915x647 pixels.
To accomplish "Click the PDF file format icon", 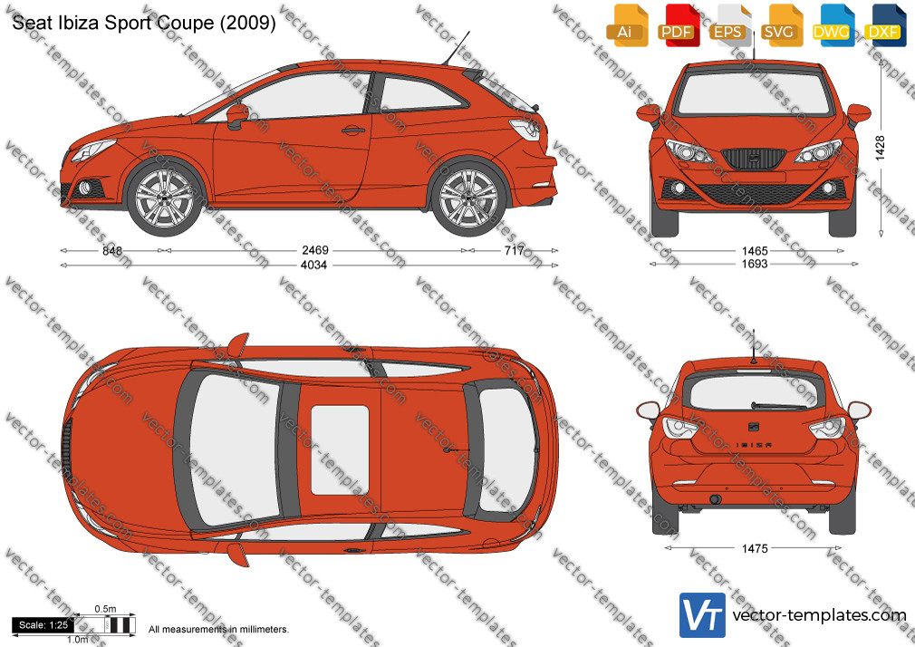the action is click(677, 25).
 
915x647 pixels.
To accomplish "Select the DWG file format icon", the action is click(831, 25).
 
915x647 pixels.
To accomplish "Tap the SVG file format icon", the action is click(780, 25).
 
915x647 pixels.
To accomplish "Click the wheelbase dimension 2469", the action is click(315, 250).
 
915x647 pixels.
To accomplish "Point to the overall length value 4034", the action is click(313, 266).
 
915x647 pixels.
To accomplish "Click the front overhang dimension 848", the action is click(112, 250).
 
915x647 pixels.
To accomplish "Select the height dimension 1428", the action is click(880, 148).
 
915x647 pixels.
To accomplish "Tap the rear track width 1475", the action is click(755, 548).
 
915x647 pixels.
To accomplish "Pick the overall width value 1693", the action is click(755, 264).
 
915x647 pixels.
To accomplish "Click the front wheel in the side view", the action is click(165, 197).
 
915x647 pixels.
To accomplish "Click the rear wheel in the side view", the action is click(468, 197).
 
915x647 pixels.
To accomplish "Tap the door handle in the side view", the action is click(353, 130).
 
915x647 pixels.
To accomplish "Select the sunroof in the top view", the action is click(340, 449).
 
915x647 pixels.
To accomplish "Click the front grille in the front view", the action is click(754, 159).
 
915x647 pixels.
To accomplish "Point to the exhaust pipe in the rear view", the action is click(715, 499).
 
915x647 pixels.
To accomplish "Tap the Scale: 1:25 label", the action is click(43, 625).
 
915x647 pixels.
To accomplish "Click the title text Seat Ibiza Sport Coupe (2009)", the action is click(143, 22).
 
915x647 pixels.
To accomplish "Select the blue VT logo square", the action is click(702, 615).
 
